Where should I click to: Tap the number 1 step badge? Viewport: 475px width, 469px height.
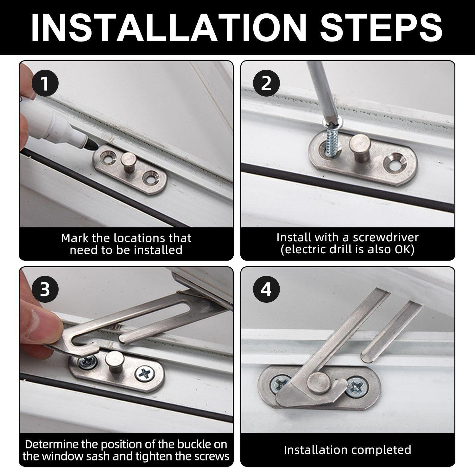click(45, 84)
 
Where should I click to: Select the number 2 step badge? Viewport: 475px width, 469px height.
click(267, 83)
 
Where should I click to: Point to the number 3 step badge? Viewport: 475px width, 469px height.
click(45, 289)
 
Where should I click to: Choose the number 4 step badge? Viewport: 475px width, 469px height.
click(267, 289)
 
